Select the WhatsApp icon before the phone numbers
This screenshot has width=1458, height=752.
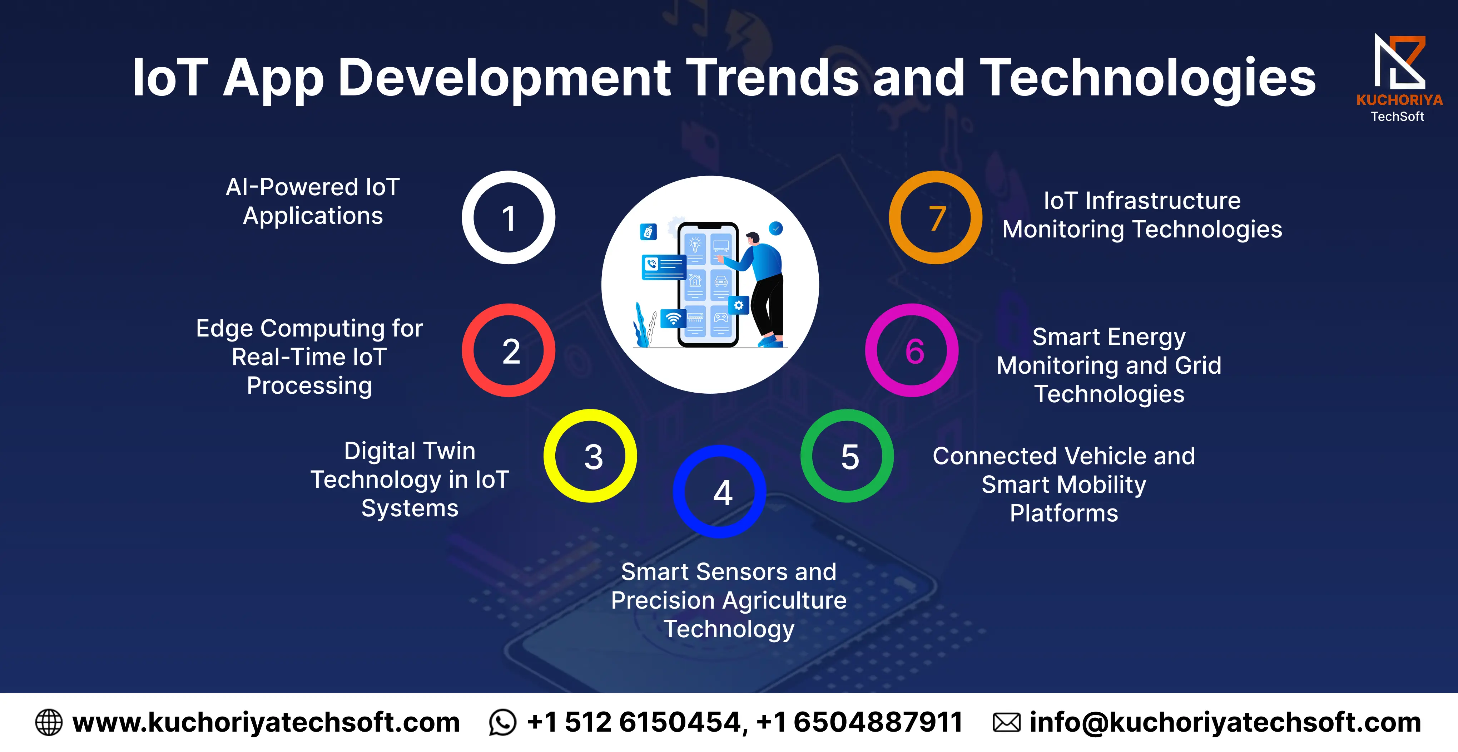(x=502, y=723)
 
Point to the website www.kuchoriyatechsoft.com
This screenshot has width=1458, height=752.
(x=266, y=723)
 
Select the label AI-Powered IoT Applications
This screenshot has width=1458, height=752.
(x=313, y=201)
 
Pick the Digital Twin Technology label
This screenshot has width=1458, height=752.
(x=410, y=479)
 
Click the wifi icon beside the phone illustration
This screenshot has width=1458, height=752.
(x=673, y=319)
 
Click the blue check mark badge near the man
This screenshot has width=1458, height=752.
(x=776, y=228)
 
